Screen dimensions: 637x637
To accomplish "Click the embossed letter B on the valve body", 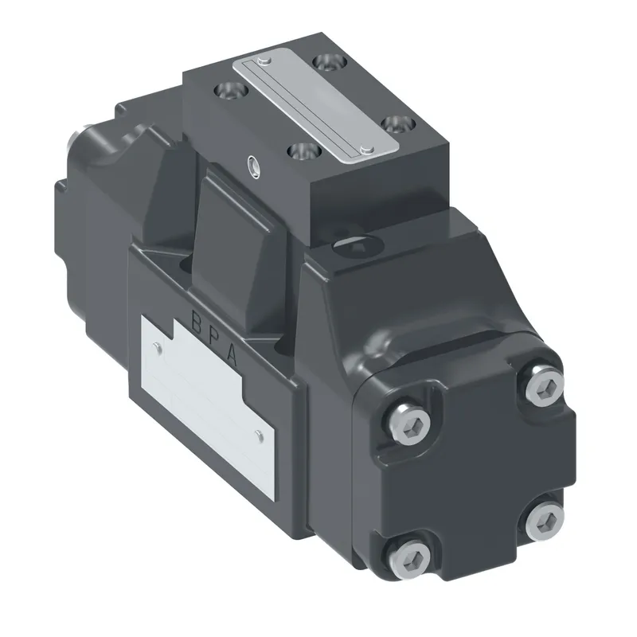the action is tap(196, 323).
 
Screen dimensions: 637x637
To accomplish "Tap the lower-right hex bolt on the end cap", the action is tap(545, 522).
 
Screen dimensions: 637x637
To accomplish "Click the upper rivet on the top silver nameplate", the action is tap(266, 61).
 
